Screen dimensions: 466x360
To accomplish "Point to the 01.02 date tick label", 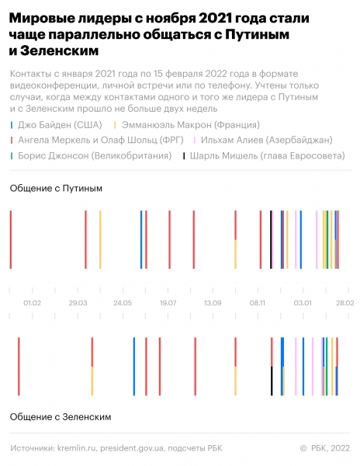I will [x=33, y=303].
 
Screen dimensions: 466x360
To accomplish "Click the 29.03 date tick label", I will [x=78, y=303].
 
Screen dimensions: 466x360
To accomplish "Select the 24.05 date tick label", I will [x=123, y=303].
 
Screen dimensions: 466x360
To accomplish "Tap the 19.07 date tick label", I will [x=168, y=303].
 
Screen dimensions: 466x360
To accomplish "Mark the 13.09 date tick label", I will [x=212, y=303].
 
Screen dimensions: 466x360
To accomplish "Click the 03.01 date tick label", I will [x=302, y=303].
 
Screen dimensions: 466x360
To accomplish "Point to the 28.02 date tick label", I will [x=344, y=303].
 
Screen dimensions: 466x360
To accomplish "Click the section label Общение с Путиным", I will [x=56, y=189].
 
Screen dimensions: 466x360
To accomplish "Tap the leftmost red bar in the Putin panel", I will [x=11, y=239].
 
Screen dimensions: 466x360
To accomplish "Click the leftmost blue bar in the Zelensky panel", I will [x=134, y=366].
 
